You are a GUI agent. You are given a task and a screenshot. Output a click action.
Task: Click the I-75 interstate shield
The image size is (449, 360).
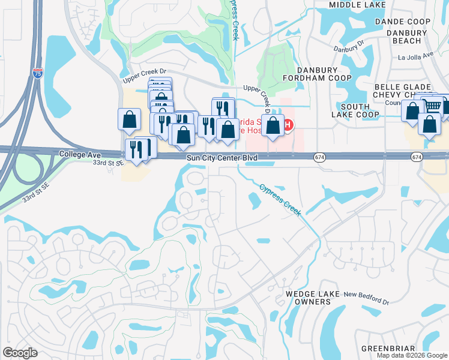38,74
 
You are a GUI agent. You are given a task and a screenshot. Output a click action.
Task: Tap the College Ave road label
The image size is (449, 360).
80,154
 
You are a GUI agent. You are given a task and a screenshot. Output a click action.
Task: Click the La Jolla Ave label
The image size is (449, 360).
415,56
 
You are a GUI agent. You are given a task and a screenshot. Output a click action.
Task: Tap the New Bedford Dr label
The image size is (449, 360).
366,294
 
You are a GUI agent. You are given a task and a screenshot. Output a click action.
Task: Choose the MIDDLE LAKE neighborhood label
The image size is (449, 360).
358,5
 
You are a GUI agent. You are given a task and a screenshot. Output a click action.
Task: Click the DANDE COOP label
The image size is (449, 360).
403,22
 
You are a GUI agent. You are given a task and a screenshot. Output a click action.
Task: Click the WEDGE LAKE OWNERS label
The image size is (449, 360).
309,298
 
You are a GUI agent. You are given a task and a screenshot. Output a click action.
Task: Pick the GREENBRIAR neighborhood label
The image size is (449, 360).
388,349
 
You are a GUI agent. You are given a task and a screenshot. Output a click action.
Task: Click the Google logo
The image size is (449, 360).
20,352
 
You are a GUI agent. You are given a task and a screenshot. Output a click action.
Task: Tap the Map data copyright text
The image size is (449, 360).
412,355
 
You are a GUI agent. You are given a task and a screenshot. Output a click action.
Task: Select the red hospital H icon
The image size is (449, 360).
288,125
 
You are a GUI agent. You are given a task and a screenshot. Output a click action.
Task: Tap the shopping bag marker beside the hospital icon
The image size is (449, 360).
273,126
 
